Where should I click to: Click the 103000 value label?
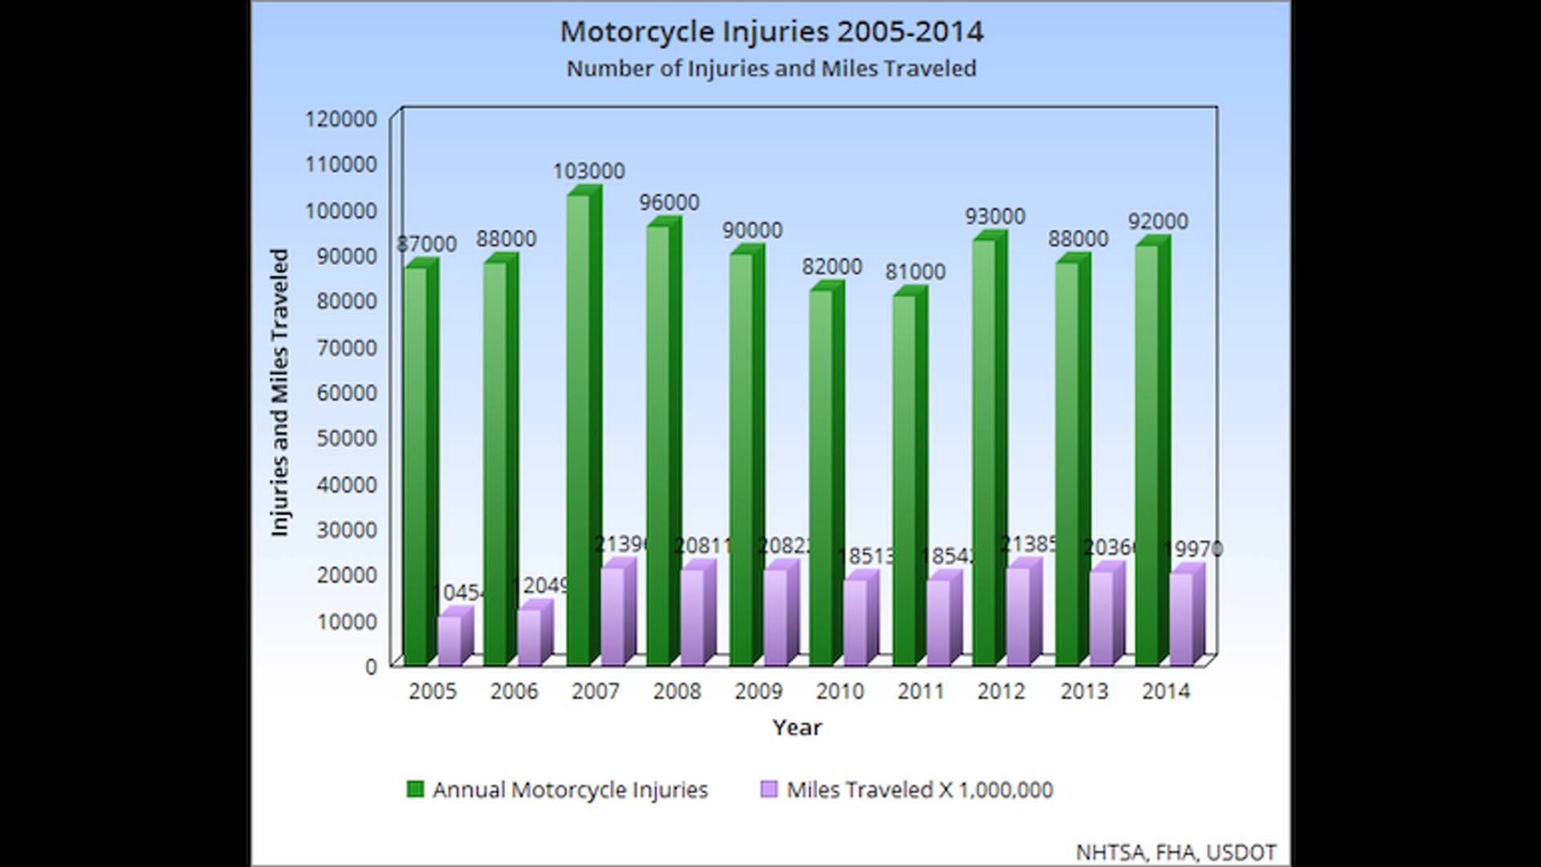tap(588, 171)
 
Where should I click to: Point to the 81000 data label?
tap(915, 272)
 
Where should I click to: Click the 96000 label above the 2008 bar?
tap(669, 202)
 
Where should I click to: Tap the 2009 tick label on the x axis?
tap(758, 691)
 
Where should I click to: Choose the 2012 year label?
tap(1001, 691)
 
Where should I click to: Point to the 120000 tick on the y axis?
tap(341, 119)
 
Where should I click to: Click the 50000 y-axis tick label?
tap(341, 438)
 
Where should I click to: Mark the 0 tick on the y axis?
tap(370, 666)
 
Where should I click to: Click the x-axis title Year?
tap(797, 727)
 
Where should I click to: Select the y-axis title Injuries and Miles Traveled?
tap(279, 393)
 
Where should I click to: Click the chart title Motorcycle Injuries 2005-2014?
tap(770, 32)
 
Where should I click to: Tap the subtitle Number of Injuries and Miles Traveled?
tap(770, 69)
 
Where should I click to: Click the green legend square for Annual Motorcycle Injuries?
tap(415, 789)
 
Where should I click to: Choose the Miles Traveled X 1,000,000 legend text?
tap(919, 790)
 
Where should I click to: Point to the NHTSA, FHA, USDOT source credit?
tap(1175, 853)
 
